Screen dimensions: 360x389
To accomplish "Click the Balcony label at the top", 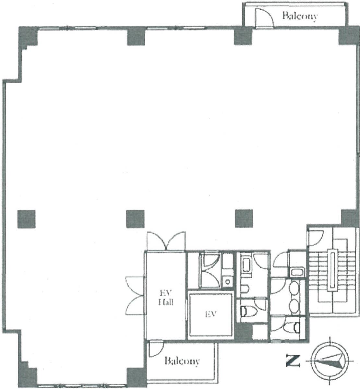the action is click(x=300, y=16).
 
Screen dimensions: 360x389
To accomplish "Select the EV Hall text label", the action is click(x=166, y=298).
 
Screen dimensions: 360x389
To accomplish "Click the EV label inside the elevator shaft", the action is click(x=211, y=314).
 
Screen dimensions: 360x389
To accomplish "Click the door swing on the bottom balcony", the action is click(x=156, y=349).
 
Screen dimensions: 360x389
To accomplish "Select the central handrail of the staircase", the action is click(x=332, y=270).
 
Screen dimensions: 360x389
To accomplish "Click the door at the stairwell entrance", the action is click(x=316, y=238).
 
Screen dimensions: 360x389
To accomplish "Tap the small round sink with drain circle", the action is click(x=228, y=282).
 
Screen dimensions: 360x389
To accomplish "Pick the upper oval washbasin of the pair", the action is click(x=294, y=288).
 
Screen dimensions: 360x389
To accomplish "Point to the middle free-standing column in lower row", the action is click(x=136, y=219).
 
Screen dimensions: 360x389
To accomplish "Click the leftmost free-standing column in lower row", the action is click(x=27, y=219).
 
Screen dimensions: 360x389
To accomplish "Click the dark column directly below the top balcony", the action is click(x=243, y=36).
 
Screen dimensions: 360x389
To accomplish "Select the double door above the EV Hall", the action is click(x=166, y=241).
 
